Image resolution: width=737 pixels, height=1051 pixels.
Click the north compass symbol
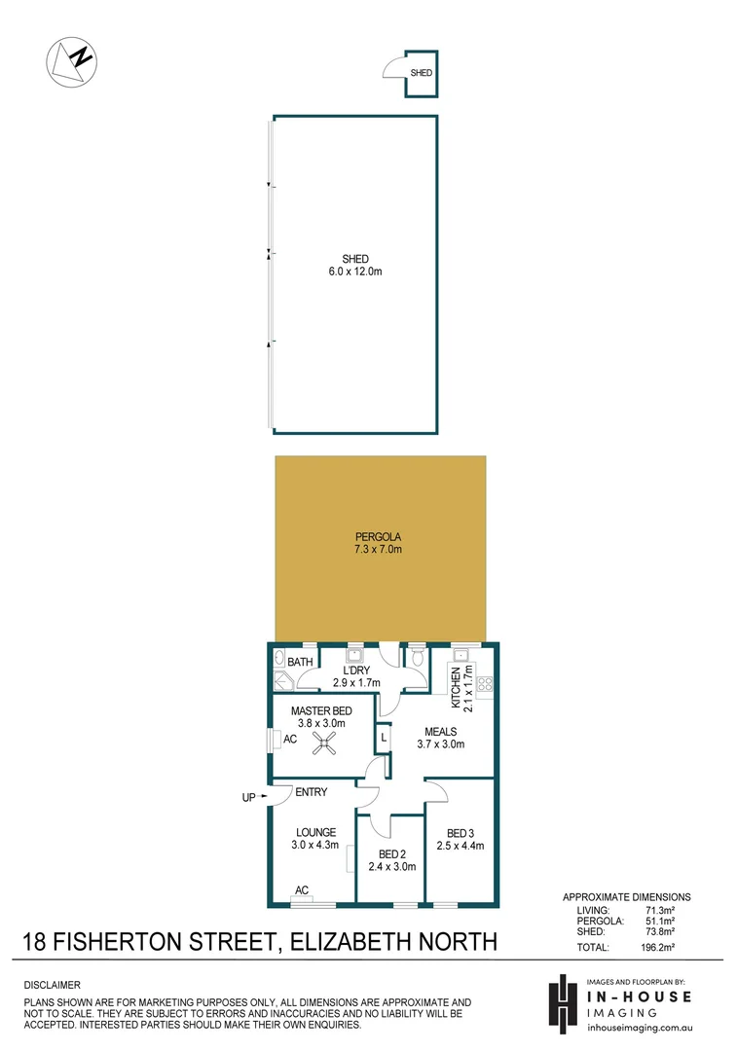71,60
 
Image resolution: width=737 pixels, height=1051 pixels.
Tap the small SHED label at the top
421,73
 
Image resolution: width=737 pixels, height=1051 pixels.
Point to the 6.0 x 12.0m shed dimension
354,272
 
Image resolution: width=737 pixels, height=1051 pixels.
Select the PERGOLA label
379,536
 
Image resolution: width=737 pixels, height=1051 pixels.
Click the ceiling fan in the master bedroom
323,744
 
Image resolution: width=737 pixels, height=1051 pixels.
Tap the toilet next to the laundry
417,659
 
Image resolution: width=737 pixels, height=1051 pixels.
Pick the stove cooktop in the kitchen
484,683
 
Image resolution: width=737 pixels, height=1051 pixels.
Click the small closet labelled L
384,738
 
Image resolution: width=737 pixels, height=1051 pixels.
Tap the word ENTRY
311,793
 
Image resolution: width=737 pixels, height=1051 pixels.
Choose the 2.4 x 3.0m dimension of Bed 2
391,866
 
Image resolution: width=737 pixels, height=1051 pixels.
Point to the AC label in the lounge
302,889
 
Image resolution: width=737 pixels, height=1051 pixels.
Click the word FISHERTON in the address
171,942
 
